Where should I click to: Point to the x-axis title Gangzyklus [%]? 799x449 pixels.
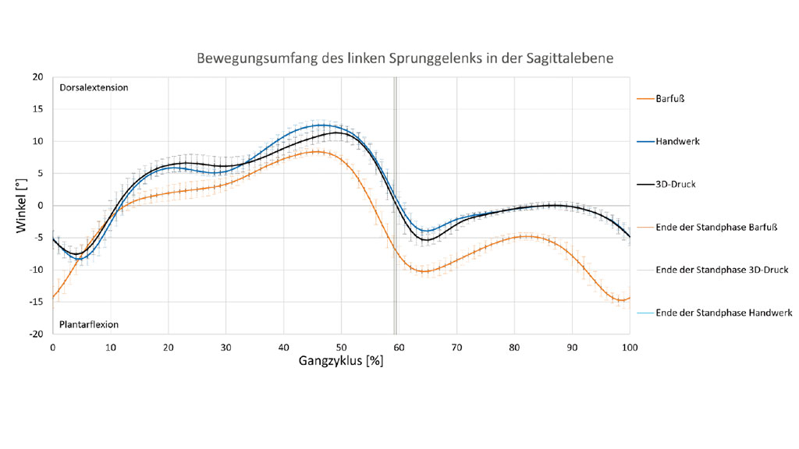click(340, 362)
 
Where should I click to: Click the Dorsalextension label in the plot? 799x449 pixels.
click(94, 87)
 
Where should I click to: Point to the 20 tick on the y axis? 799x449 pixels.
click(38, 77)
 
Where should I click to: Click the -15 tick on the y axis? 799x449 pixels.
click(37, 302)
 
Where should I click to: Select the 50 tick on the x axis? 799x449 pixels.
click(341, 346)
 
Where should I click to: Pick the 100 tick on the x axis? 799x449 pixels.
click(629, 346)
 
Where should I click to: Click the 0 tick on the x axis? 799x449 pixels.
click(52, 346)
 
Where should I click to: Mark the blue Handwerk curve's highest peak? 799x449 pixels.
click(321, 125)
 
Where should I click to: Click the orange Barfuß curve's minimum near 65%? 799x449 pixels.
click(424, 271)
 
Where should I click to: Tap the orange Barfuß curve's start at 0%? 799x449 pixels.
click(53, 297)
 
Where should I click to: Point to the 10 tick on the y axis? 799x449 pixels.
click(38, 141)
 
